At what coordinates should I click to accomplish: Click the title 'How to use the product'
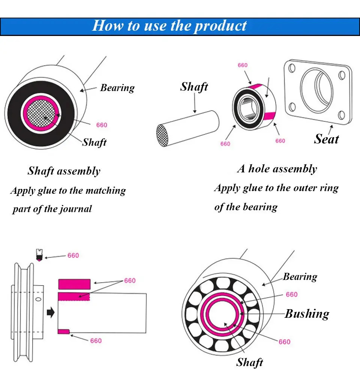click(x=169, y=26)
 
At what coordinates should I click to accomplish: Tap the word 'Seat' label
click(x=326, y=139)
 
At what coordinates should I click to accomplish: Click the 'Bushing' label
click(x=307, y=314)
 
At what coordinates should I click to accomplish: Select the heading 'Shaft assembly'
click(x=64, y=171)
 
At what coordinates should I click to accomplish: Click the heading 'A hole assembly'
click(x=277, y=169)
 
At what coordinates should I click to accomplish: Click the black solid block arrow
click(x=50, y=312)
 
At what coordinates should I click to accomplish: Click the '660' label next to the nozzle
click(x=73, y=255)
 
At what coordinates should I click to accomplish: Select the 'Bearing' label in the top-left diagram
click(x=117, y=88)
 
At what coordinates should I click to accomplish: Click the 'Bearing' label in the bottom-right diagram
click(x=300, y=277)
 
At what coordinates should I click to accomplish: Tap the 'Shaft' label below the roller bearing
click(x=249, y=362)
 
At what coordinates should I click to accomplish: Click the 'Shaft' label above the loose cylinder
click(x=194, y=87)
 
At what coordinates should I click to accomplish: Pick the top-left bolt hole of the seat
click(x=292, y=68)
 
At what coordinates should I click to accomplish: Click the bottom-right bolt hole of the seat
click(x=342, y=114)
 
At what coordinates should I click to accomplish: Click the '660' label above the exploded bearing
click(x=243, y=65)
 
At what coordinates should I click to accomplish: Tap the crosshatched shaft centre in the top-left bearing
click(x=45, y=115)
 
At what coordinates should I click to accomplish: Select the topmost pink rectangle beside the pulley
click(x=74, y=284)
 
